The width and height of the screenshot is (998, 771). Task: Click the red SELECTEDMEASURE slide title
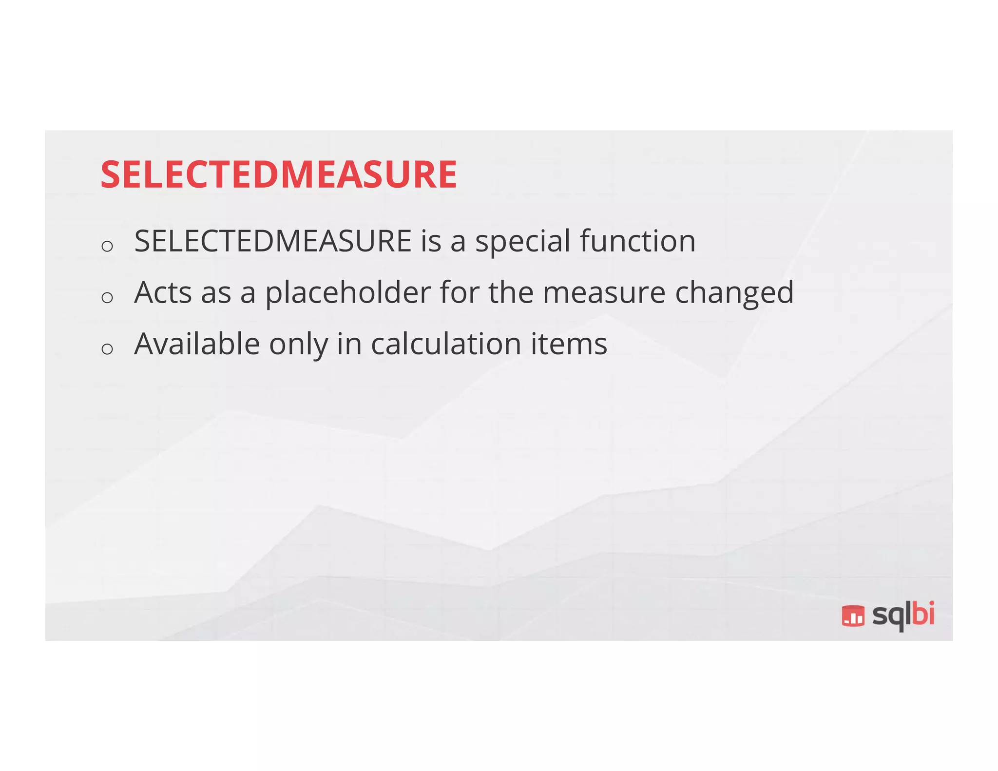click(x=279, y=174)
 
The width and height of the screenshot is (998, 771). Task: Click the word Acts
click(x=163, y=292)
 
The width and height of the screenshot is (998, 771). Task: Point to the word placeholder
click(x=348, y=292)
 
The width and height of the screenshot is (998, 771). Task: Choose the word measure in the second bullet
click(x=604, y=293)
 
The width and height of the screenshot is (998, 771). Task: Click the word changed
click(x=734, y=293)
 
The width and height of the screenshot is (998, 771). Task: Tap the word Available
click(x=197, y=344)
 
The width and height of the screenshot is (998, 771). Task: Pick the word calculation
click(x=446, y=344)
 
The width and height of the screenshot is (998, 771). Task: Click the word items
click(x=569, y=344)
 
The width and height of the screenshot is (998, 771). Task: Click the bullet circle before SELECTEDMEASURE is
click(x=107, y=246)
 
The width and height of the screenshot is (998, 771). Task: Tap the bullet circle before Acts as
click(x=107, y=297)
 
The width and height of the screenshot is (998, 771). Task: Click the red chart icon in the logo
click(x=853, y=616)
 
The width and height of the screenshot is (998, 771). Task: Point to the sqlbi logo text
click(x=903, y=615)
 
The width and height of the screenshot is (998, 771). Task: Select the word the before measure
click(x=511, y=292)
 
